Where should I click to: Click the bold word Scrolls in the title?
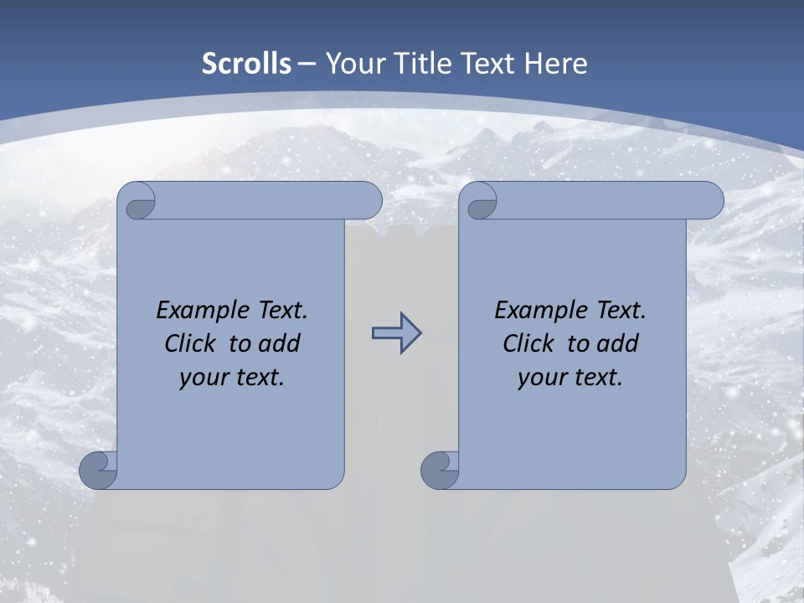[x=247, y=64]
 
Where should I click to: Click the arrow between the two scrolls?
[x=396, y=333]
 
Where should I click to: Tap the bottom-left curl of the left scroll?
[x=98, y=472]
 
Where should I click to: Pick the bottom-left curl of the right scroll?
[x=440, y=472]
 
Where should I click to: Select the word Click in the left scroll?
[x=190, y=343]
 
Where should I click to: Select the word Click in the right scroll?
[x=528, y=343]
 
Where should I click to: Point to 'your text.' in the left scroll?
[x=232, y=377]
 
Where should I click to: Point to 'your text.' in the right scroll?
[x=570, y=377]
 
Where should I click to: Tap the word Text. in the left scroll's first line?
[x=280, y=311]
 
